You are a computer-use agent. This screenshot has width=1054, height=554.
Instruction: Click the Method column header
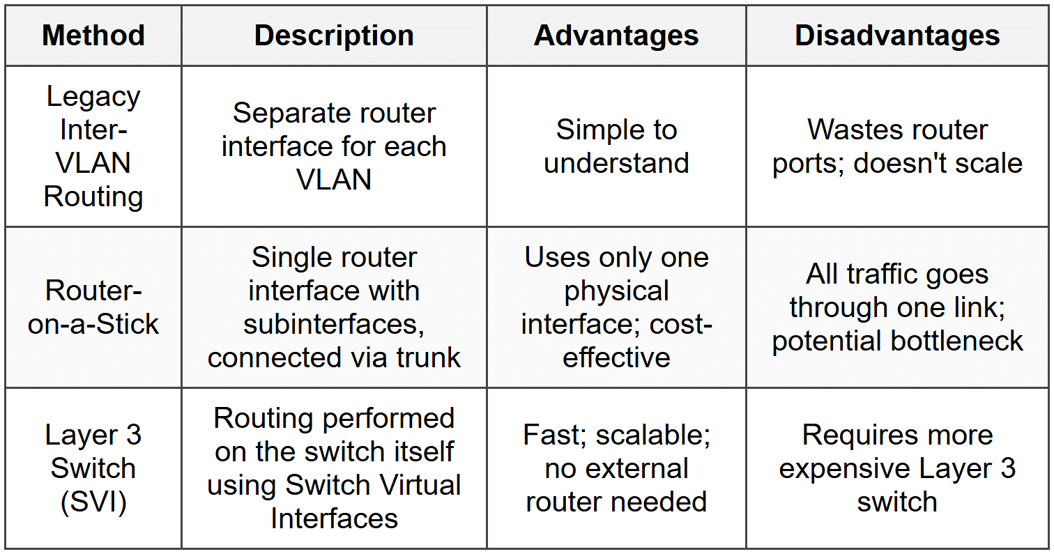pyautogui.click(x=93, y=36)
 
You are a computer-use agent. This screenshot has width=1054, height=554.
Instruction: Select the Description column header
pyautogui.click(x=334, y=36)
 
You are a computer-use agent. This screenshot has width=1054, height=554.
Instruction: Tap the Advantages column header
pyautogui.click(x=616, y=36)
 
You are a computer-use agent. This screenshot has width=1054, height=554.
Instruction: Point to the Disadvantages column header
pyautogui.click(x=897, y=36)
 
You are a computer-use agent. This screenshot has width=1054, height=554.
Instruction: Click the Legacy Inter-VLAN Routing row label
pyautogui.click(x=93, y=146)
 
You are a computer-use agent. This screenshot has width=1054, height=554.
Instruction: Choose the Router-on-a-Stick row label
pyautogui.click(x=93, y=307)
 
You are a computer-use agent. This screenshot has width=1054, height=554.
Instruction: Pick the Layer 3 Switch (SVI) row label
pyautogui.click(x=93, y=468)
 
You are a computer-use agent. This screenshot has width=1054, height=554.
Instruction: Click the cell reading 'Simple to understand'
pyautogui.click(x=616, y=146)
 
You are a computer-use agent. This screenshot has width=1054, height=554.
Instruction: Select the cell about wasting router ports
pyautogui.click(x=897, y=146)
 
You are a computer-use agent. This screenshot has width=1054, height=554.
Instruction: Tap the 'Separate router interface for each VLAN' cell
pyautogui.click(x=334, y=146)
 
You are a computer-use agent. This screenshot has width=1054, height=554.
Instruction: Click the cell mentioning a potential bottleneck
pyautogui.click(x=897, y=307)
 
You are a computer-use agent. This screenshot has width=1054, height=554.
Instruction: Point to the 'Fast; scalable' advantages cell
pyautogui.click(x=616, y=468)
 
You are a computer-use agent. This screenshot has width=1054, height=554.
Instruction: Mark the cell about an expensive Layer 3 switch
pyautogui.click(x=897, y=468)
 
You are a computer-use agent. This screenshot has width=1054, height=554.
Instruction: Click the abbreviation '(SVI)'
pyautogui.click(x=93, y=502)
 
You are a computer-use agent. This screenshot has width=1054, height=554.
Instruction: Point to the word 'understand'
pyautogui.click(x=616, y=163)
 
